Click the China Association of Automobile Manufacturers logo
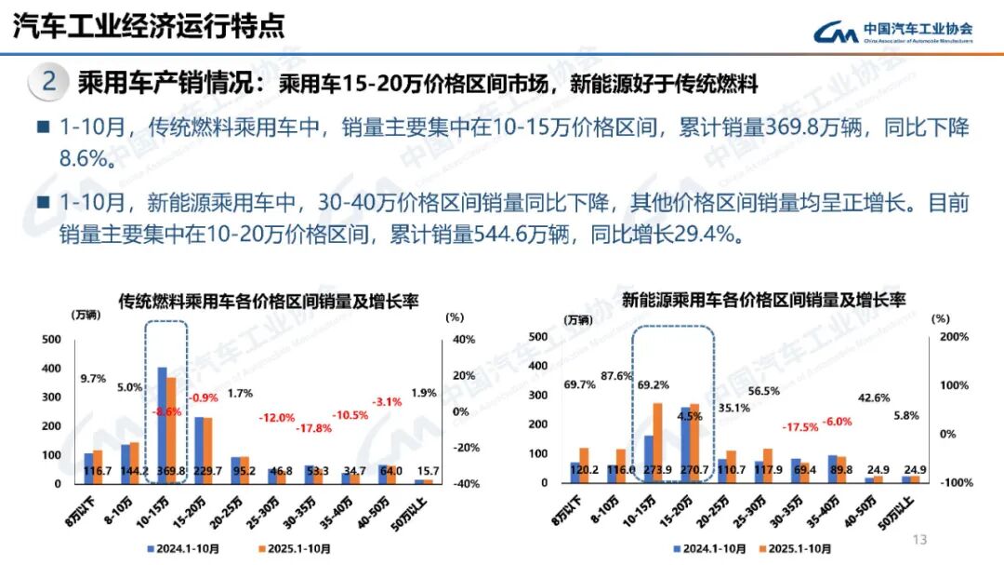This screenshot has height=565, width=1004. click(x=892, y=33)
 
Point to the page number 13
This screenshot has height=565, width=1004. click(x=921, y=540)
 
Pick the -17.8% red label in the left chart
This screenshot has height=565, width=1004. click(x=314, y=428)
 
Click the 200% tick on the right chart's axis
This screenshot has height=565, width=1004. click(x=954, y=336)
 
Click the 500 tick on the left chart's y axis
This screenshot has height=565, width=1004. click(x=52, y=340)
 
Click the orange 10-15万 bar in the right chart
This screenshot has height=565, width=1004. click(x=657, y=442)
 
